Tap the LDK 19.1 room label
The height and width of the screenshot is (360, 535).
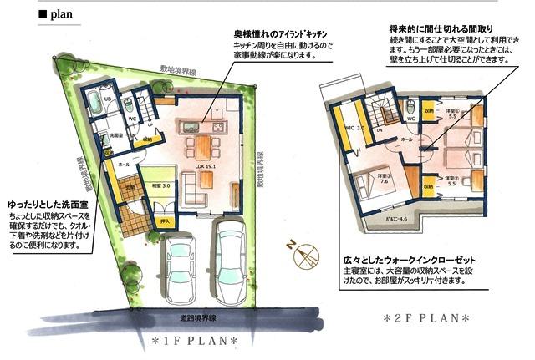205,166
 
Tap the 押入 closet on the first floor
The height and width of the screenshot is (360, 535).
166,221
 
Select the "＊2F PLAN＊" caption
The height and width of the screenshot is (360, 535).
426,318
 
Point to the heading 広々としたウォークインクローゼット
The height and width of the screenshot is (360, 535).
416,260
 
